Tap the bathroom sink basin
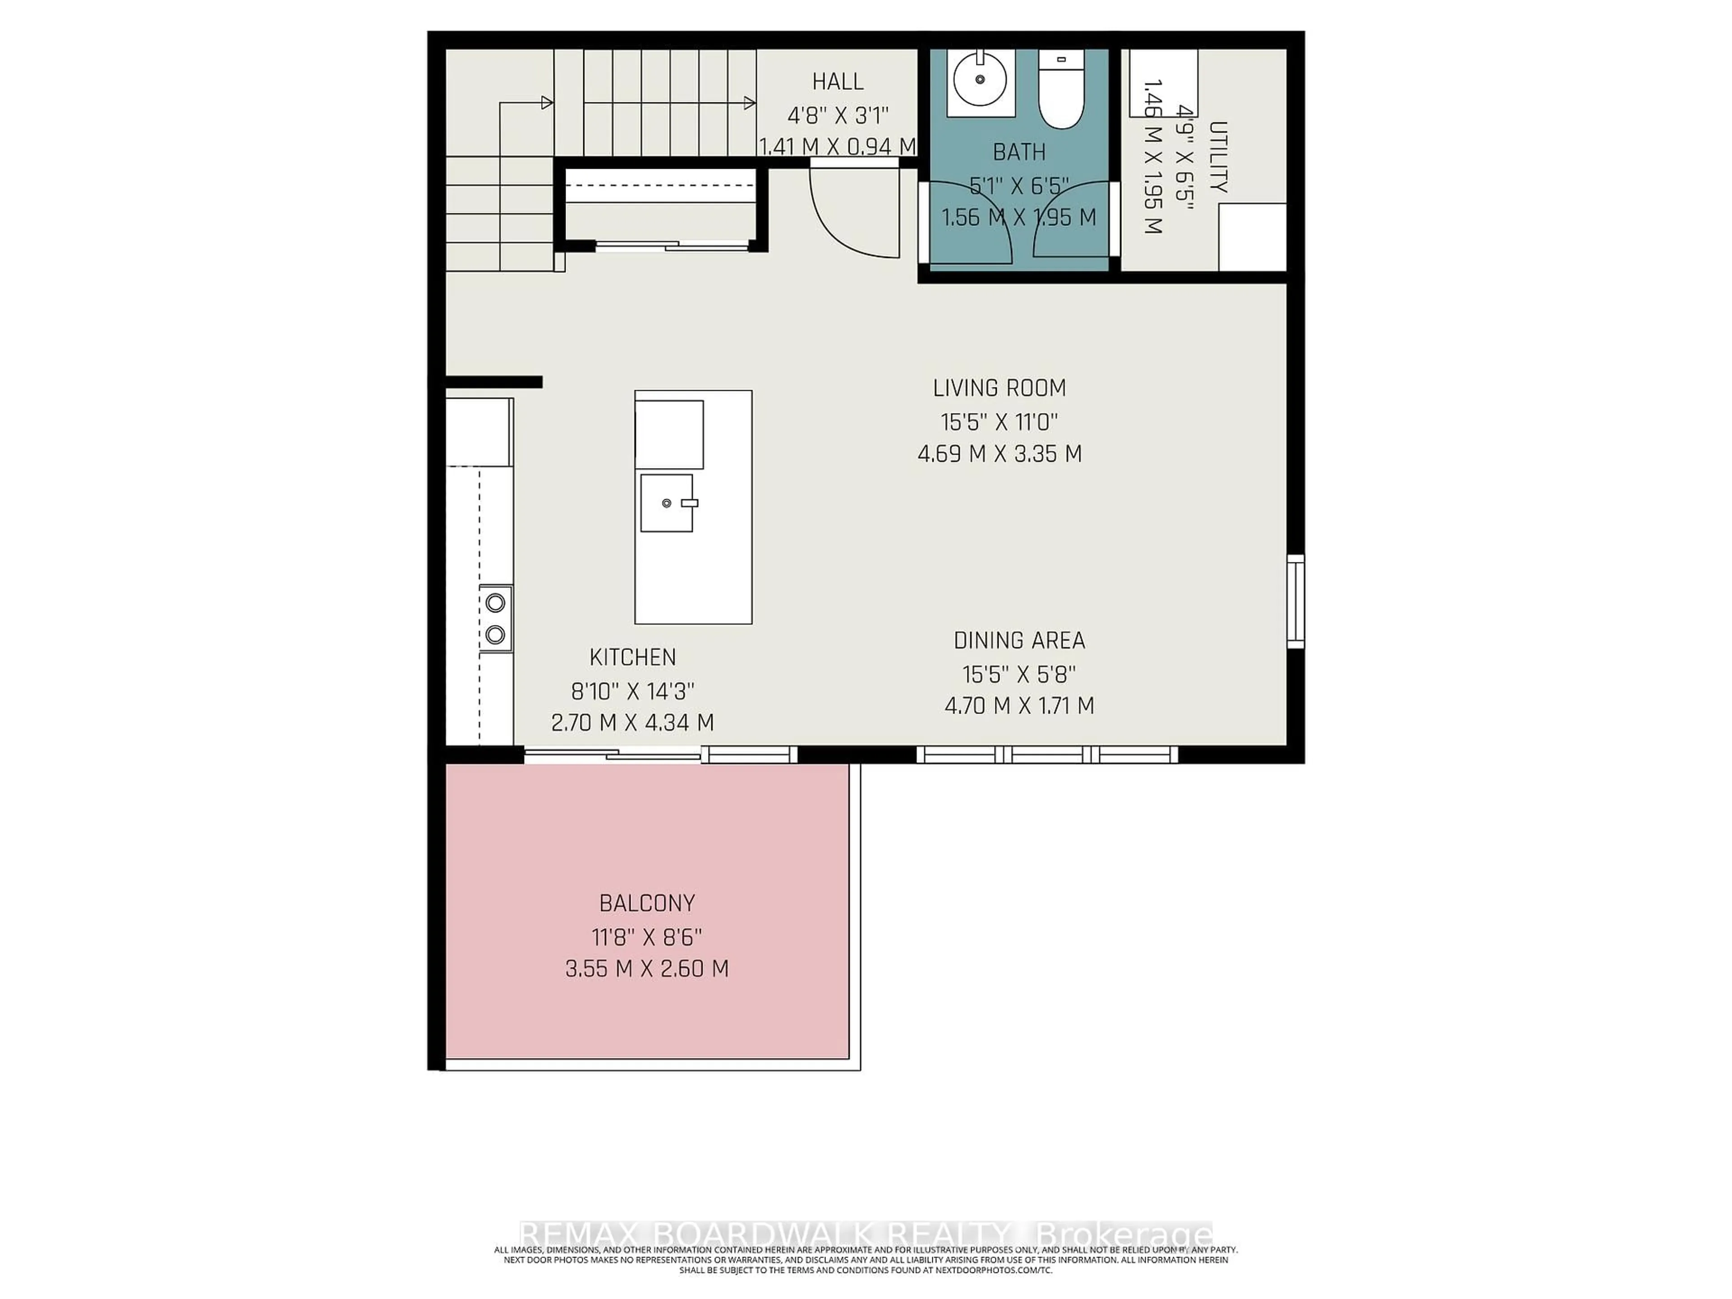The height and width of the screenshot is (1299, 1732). (x=980, y=80)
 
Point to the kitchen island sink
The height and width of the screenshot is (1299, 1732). (x=666, y=503)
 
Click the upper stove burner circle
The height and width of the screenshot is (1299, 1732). (x=495, y=602)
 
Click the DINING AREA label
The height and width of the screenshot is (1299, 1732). (x=1019, y=640)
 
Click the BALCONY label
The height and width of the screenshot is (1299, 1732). (x=647, y=903)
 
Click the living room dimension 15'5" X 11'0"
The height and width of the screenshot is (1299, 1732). (x=999, y=423)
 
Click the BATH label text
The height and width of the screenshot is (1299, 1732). (x=1019, y=152)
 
